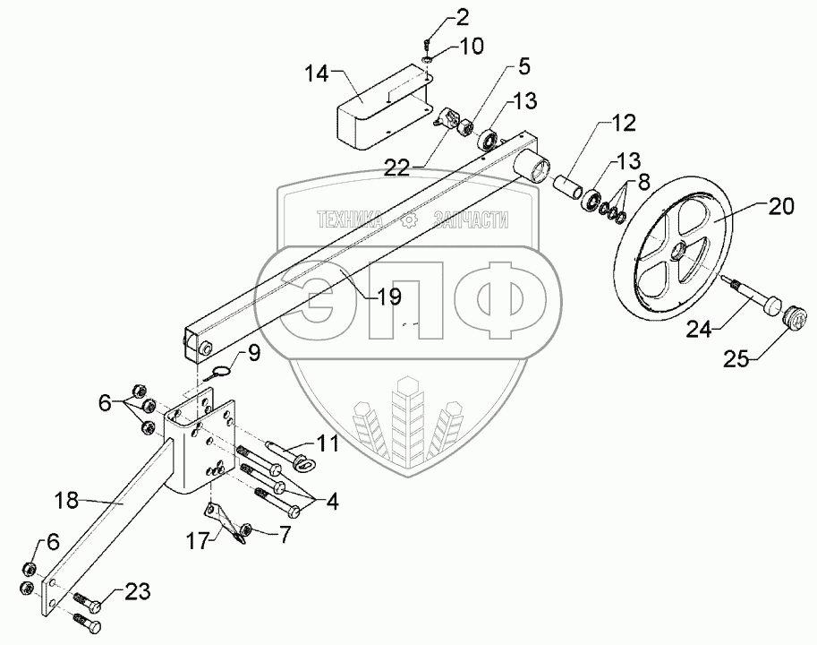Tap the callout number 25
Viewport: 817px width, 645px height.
[740, 359]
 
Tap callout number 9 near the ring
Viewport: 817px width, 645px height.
[253, 354]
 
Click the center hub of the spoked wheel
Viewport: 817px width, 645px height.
[683, 252]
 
